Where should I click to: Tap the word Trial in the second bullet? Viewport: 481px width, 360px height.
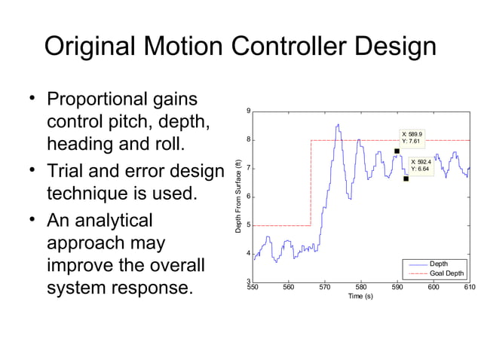tap(67, 172)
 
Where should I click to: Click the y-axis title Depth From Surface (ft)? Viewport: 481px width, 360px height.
tap(238, 196)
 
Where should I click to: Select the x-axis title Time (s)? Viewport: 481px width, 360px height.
tap(360, 296)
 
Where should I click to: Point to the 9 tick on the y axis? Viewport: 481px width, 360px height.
tap(249, 111)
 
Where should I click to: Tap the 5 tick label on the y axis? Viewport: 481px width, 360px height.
tap(249, 225)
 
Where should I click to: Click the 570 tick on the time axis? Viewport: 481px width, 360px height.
tap(325, 287)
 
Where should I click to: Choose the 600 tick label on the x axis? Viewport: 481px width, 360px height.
tap(434, 287)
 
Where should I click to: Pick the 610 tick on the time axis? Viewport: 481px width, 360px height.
tap(469, 287)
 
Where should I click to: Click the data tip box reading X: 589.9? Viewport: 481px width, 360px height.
tap(413, 137)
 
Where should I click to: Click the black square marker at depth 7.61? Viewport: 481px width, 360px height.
tap(397, 151)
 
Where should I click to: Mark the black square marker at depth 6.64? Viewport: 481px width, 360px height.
tap(406, 178)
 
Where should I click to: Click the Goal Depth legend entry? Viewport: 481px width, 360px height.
tap(446, 273)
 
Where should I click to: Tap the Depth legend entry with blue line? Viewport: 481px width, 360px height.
tap(438, 264)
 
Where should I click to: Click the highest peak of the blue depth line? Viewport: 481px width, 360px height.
tap(339, 125)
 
